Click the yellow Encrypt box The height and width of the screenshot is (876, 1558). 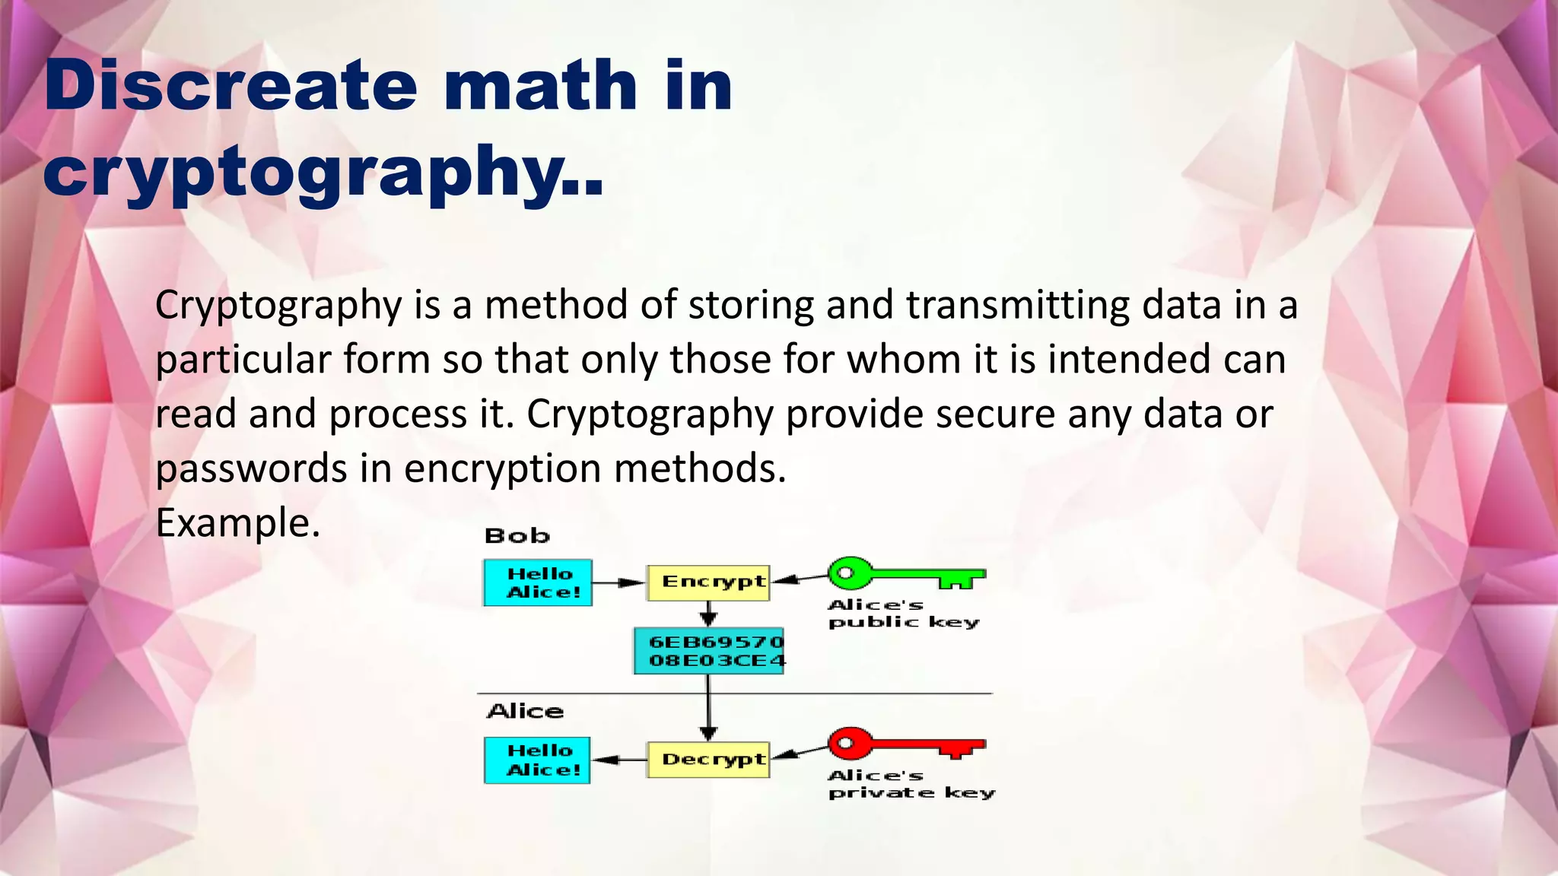coord(708,582)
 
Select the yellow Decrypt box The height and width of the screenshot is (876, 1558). coord(708,760)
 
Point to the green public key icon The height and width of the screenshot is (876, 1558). coord(905,574)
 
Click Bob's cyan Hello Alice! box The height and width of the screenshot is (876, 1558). coord(538,583)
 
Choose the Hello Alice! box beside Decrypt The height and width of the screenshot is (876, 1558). coord(538,760)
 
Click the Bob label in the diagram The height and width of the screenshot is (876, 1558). coord(517,536)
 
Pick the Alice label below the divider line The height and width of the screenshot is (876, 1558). coord(525,712)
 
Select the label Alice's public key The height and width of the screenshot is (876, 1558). coord(901,614)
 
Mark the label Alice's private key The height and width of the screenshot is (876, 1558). coord(909,784)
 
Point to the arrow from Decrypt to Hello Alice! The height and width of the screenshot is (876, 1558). coord(619,760)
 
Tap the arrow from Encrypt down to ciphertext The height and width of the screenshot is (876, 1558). coord(708,614)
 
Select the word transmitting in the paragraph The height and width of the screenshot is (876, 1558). coord(1017,305)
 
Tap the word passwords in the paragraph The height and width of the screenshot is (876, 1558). coord(251,468)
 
